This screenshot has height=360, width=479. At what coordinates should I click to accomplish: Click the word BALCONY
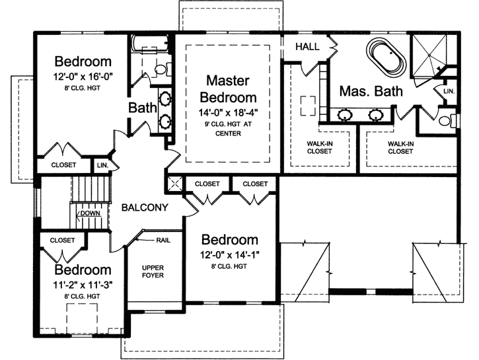pyautogui.click(x=145, y=207)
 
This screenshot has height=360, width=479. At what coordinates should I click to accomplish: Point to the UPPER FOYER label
pyautogui.click(x=153, y=271)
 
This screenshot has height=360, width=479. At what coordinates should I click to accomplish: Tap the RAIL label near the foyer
pyautogui.click(x=164, y=240)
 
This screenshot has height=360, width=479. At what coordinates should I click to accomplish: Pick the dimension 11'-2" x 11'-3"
pyautogui.click(x=83, y=286)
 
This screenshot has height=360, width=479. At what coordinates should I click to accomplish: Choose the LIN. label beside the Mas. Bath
pyautogui.click(x=449, y=90)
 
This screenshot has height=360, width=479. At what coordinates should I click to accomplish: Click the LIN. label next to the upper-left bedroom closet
pyautogui.click(x=103, y=164)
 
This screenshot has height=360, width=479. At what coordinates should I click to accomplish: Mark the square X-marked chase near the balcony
pyautogui.click(x=175, y=184)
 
